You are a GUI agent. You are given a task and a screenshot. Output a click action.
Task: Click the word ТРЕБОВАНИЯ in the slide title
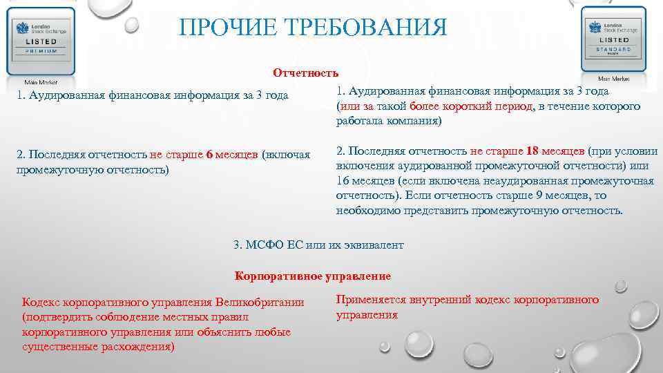pyautogui.click(x=361, y=28)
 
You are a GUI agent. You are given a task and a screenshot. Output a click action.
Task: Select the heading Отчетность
pyautogui.click(x=305, y=73)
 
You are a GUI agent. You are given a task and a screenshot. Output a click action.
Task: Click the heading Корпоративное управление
pyautogui.click(x=313, y=276)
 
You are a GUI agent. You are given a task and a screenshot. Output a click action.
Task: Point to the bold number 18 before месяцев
pyautogui.click(x=532, y=151)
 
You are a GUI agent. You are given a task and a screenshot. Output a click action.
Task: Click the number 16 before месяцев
pyautogui.click(x=343, y=181)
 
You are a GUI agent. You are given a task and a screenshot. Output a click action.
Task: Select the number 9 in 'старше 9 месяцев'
pyautogui.click(x=535, y=195)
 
